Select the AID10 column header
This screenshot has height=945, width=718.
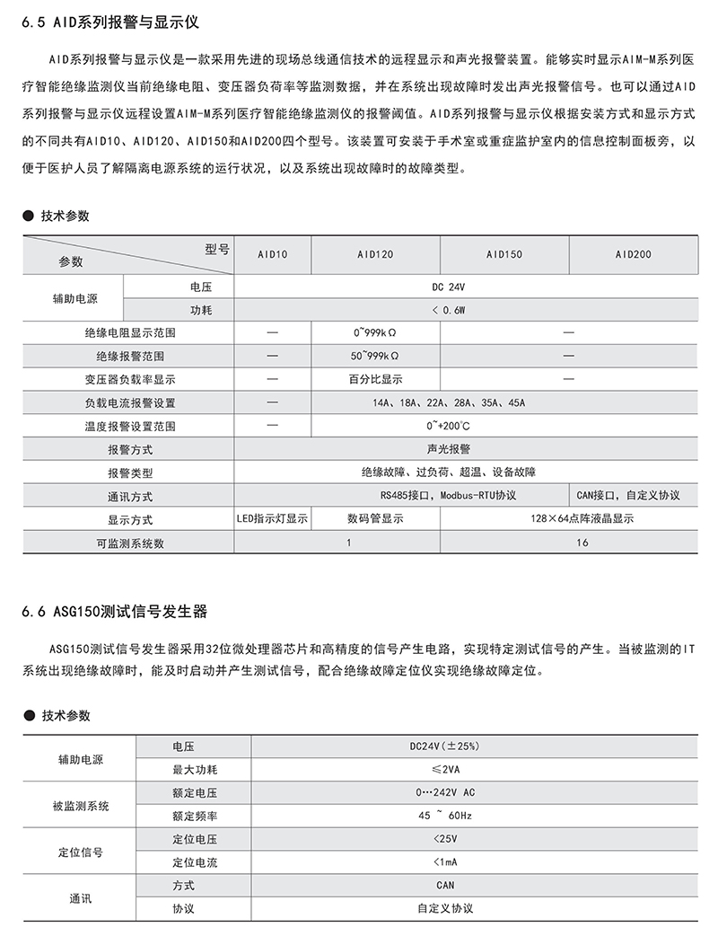point(272,254)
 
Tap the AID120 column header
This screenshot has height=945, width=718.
point(375,254)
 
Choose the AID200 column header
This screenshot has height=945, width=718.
point(633,254)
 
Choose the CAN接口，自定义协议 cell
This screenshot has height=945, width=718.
point(633,496)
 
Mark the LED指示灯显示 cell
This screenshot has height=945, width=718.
point(272,519)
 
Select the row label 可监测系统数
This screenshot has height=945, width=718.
point(130,543)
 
